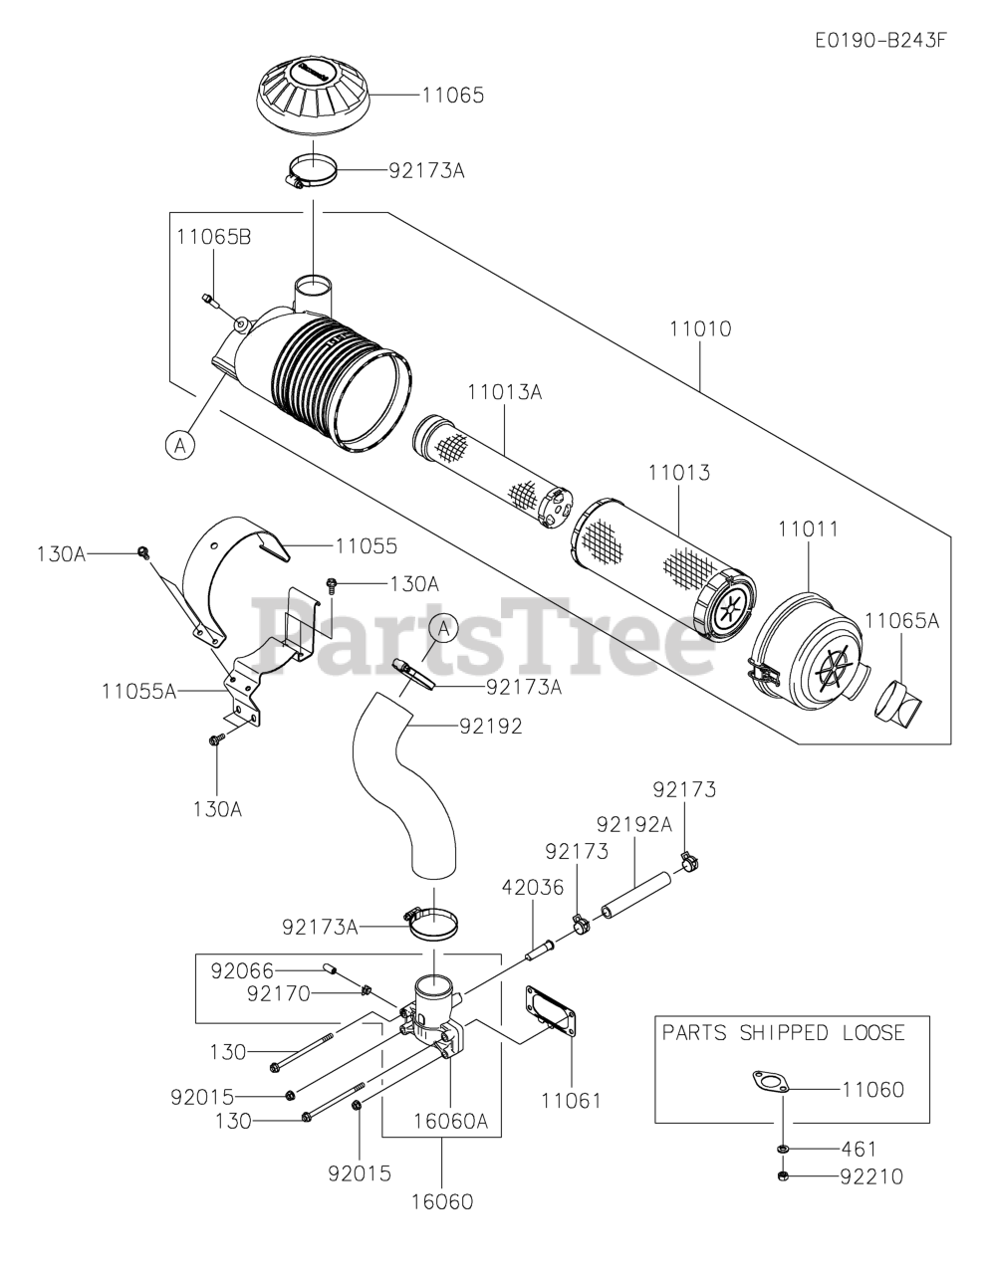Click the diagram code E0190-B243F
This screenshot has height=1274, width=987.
[x=878, y=41]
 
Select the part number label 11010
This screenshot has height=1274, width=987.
[x=700, y=328]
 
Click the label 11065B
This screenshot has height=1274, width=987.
[x=213, y=237]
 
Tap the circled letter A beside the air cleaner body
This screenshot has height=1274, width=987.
[x=180, y=445]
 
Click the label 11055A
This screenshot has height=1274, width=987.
[x=138, y=689]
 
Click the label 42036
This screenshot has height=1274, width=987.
[x=533, y=887]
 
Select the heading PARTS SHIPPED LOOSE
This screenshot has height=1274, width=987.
[x=784, y=1032]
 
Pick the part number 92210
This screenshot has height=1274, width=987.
[x=871, y=1177]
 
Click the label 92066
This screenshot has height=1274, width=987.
[x=242, y=969]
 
